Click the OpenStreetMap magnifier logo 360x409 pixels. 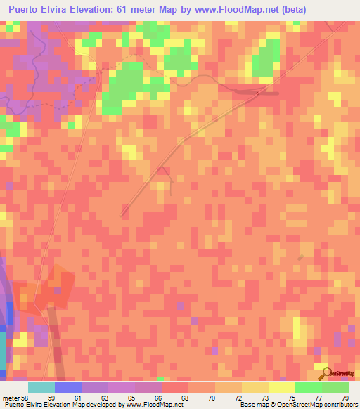point(325,374)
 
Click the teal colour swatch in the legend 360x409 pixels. point(41,387)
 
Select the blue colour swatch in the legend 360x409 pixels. point(67,387)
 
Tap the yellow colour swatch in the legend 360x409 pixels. point(281,387)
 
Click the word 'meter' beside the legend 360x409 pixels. point(10,398)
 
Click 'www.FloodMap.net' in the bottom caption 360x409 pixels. point(148,405)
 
